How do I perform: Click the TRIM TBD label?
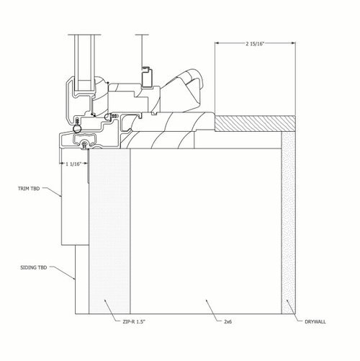[x=29, y=189]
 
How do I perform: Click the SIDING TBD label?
[x=34, y=267]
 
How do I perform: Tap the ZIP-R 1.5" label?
[x=134, y=322]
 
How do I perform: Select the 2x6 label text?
[x=228, y=322]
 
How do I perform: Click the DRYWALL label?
[x=315, y=322]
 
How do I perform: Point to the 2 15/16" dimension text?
[x=255, y=44]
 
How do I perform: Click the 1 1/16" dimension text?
[x=74, y=164]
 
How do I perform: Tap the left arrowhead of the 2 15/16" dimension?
[x=217, y=43]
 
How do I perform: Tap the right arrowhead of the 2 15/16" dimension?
[x=293, y=43]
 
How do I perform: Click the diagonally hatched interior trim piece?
[x=255, y=123]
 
